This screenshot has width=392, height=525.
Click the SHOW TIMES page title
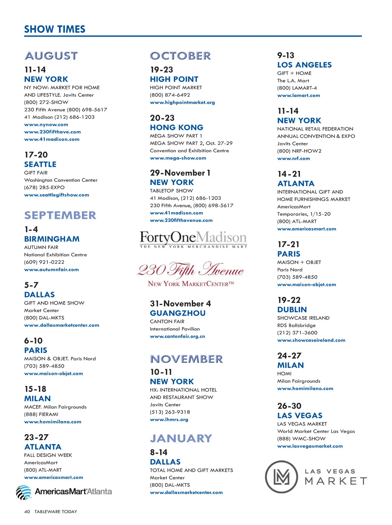[55, 29]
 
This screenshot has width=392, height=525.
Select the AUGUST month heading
[51, 56]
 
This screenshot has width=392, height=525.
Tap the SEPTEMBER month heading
[60, 215]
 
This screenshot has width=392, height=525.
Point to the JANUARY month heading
[181, 438]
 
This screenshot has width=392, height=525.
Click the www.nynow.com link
[46, 125]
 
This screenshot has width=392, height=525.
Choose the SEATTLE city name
[40, 164]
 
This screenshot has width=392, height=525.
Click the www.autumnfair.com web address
[51, 270]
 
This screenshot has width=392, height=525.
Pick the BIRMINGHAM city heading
[52, 239]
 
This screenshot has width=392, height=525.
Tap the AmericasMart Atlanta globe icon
[24, 492]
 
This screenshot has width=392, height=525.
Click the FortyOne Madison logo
[193, 239]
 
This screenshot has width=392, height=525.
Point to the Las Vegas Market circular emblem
[281, 477]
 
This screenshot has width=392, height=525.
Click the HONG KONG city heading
[176, 127]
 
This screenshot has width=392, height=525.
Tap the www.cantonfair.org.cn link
[177, 336]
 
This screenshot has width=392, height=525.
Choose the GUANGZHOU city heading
[178, 313]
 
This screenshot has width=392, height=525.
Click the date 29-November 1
[180, 173]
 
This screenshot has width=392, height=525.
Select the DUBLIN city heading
[292, 310]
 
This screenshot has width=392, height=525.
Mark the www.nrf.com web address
[293, 159]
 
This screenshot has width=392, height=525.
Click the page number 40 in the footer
[27, 512]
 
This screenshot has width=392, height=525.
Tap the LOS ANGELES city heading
[304, 65]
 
